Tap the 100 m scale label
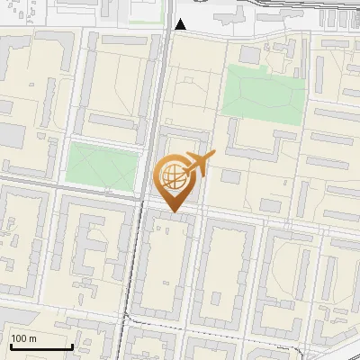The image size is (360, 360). point(24,337)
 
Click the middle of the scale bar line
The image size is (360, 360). point(40,346)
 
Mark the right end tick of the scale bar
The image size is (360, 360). point(72,345)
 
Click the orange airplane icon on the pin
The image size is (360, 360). point(195,163)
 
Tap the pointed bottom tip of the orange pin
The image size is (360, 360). point(174,212)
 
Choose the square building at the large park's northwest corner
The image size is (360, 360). point(249,55)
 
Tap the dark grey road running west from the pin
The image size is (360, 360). point(72,190)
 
